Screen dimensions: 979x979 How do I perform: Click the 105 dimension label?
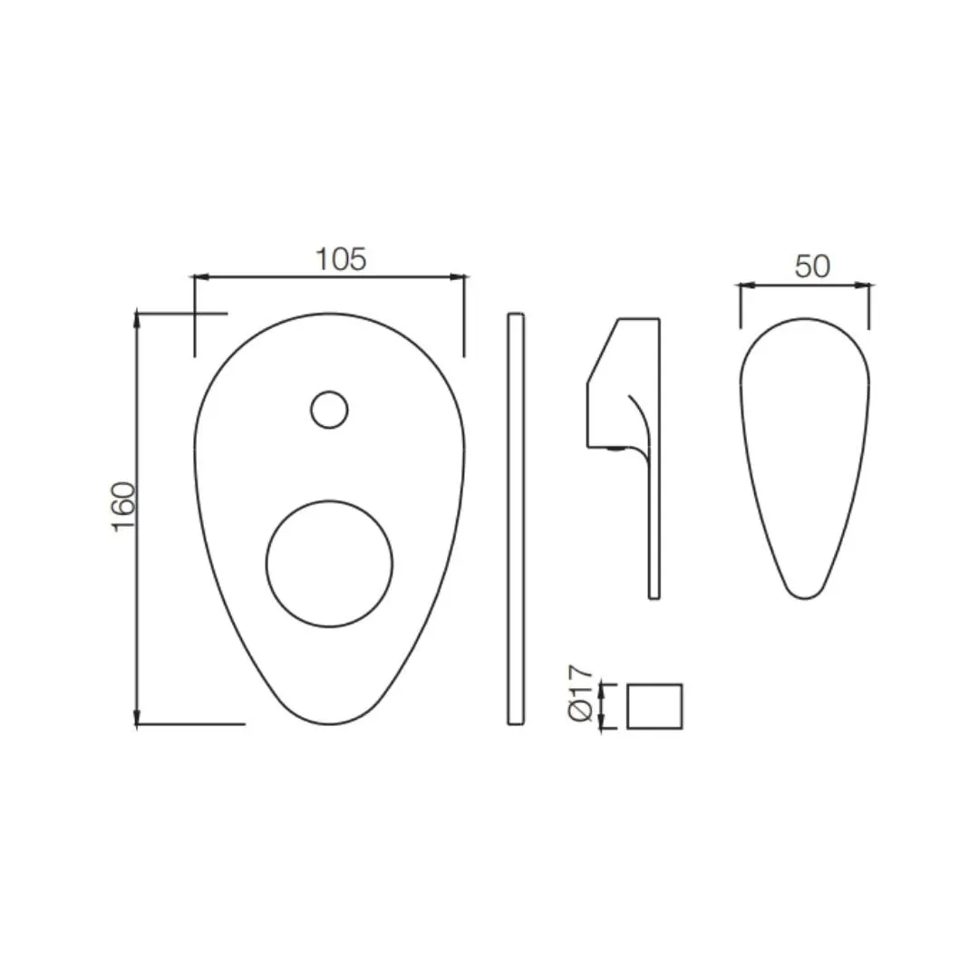pos(341,259)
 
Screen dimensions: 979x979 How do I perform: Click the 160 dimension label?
pos(123,507)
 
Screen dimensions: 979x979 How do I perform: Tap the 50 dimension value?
pos(812,267)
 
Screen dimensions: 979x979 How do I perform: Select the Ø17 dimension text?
pos(580,693)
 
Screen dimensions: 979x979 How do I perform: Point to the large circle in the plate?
pos(329,500)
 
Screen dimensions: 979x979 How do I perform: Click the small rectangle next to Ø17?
pos(654,706)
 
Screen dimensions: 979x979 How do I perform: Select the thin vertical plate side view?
pos(516,519)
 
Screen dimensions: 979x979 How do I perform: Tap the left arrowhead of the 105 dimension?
pos(195,276)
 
